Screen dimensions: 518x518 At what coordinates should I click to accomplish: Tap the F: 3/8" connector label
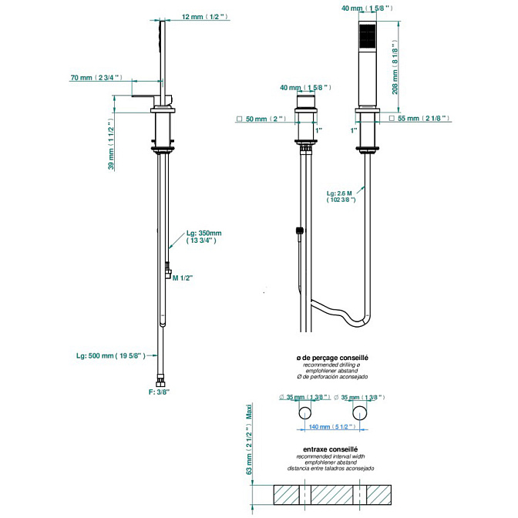coord(159,392)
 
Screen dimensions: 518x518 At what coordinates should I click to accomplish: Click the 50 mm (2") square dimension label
coord(261,119)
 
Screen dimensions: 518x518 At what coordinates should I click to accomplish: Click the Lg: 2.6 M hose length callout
coord(341,197)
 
